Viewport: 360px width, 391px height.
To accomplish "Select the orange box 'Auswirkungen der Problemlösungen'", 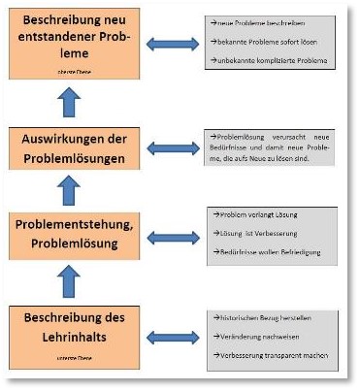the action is tap(75, 148).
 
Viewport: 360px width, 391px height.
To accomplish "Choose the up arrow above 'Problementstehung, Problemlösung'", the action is tap(72, 192).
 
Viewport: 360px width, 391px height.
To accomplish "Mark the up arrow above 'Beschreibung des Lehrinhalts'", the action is tap(72, 281).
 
